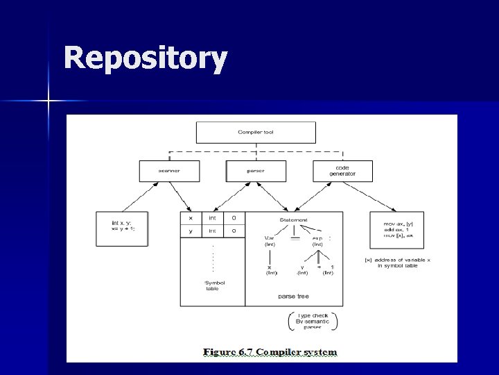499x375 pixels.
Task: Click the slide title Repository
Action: click(145, 59)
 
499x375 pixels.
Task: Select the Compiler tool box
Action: click(256, 132)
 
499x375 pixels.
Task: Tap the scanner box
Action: click(169, 171)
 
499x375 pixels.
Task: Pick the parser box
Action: click(256, 171)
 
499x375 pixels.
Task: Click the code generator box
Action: click(342, 171)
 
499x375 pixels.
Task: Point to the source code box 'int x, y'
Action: click(122, 228)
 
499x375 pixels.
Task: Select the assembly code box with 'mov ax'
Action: click(396, 229)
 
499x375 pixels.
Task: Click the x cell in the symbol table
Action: click(191, 218)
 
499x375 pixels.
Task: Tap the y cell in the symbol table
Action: click(191, 231)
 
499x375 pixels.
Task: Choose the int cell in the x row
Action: click(212, 218)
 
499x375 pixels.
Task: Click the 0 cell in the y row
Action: click(234, 231)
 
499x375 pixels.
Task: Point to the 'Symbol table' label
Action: click(214, 285)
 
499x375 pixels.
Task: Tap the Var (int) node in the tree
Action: click(270, 240)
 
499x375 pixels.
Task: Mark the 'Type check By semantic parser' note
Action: click(313, 321)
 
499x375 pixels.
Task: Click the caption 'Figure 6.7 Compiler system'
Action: click(270, 352)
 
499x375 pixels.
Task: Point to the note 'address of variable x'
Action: click(397, 263)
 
